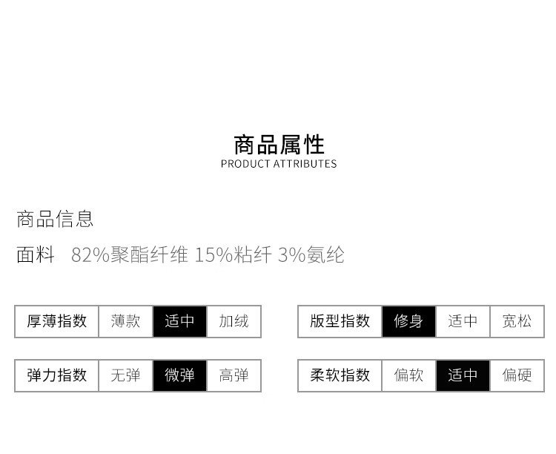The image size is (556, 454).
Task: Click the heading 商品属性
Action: (x=279, y=145)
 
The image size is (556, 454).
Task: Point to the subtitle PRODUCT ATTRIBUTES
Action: (x=279, y=164)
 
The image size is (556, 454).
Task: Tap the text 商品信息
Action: (x=55, y=219)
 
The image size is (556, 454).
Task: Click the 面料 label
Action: (x=36, y=254)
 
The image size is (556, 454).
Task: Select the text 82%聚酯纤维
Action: (x=130, y=254)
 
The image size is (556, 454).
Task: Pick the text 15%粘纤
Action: (x=234, y=254)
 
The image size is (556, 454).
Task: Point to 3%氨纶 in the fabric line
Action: (x=311, y=254)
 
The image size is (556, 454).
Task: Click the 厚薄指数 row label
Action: (x=57, y=321)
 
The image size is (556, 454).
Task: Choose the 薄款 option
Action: (x=125, y=321)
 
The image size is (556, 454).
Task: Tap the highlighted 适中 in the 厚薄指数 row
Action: (x=179, y=321)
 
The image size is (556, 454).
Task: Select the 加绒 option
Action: (x=234, y=321)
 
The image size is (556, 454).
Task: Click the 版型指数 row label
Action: (x=340, y=321)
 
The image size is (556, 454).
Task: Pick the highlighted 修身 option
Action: (x=408, y=321)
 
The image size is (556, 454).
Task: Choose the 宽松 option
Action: (x=517, y=321)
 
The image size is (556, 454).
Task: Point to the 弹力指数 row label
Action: (x=57, y=375)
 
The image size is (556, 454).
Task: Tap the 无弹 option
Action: (x=125, y=375)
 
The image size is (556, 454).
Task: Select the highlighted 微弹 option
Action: (x=179, y=375)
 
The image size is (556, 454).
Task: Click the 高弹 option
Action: (x=234, y=375)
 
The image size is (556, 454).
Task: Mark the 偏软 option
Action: (x=408, y=375)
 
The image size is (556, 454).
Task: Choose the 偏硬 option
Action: (x=517, y=375)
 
